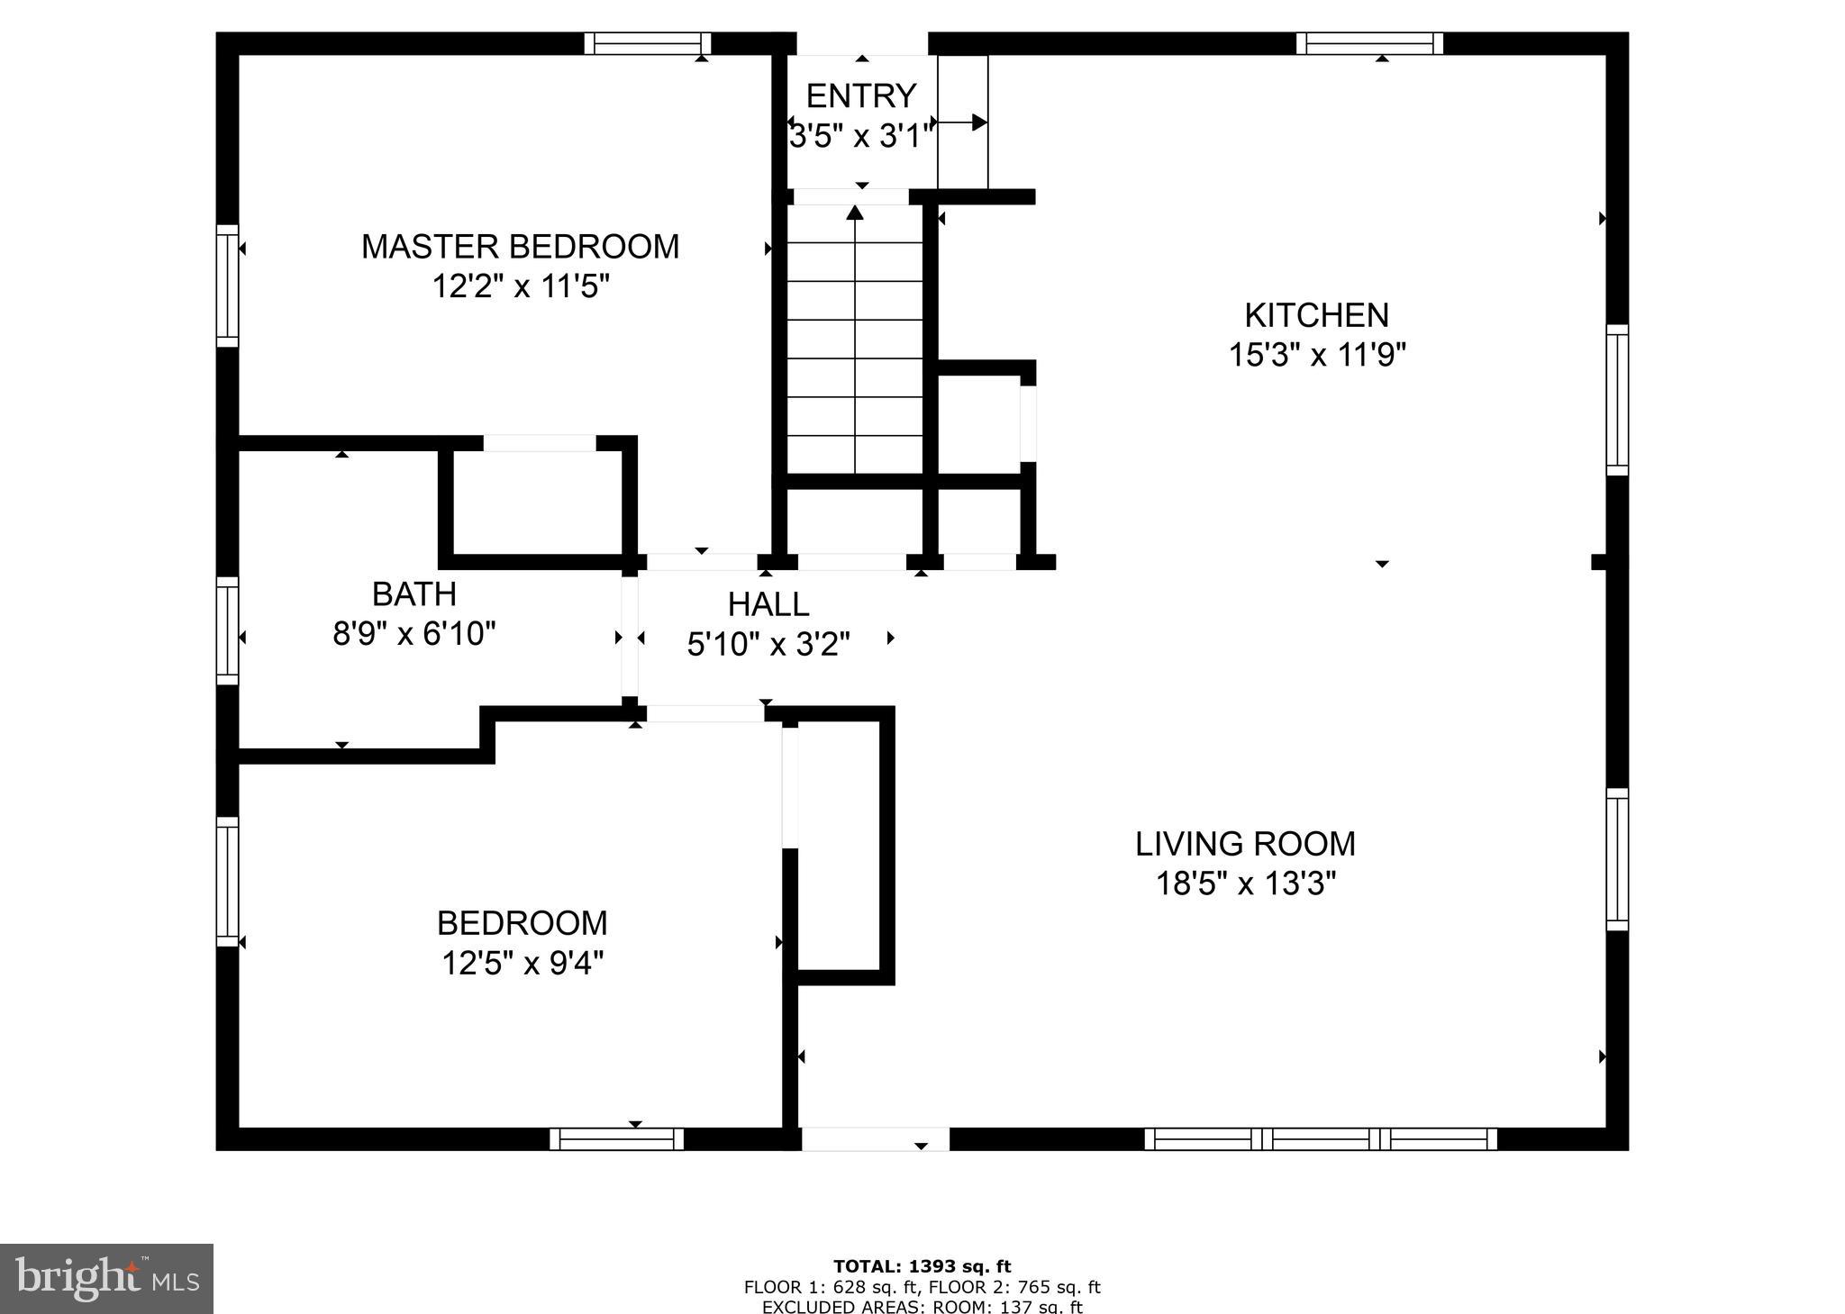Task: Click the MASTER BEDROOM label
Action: point(520,247)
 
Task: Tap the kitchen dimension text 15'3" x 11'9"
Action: point(1317,355)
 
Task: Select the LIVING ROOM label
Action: point(1245,844)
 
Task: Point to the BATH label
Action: point(414,594)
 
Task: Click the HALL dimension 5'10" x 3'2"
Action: point(768,644)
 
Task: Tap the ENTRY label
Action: point(860,95)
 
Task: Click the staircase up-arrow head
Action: point(855,213)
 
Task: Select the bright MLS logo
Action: point(106,1278)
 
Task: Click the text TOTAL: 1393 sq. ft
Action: point(922,1266)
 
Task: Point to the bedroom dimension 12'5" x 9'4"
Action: point(522,964)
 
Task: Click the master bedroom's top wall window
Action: point(647,43)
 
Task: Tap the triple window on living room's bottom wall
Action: point(1320,1139)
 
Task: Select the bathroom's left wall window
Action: point(227,630)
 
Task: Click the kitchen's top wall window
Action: point(1369,43)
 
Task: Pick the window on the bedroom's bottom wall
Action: point(617,1139)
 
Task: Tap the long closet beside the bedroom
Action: point(839,847)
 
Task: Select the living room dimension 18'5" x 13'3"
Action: point(1245,884)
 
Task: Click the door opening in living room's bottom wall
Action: point(875,1139)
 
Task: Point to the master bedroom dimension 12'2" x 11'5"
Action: point(521,286)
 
